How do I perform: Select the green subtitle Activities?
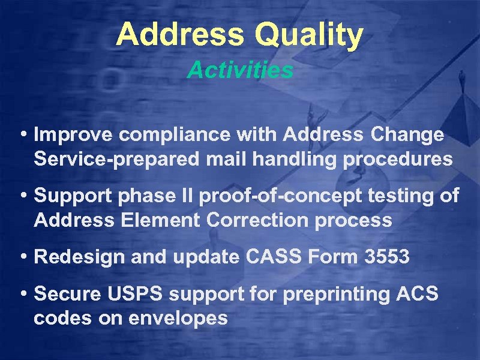click(x=240, y=70)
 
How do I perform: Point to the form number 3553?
click(x=386, y=257)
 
